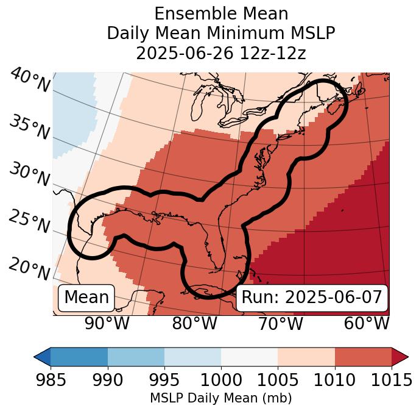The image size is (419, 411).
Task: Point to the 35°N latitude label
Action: pyautogui.click(x=29, y=127)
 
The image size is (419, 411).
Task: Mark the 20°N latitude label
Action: pyautogui.click(x=29, y=268)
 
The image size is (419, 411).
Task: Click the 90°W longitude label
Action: pyautogui.click(x=107, y=323)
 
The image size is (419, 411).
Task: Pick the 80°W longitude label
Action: pyautogui.click(x=194, y=323)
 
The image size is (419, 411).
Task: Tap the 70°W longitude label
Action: pyautogui.click(x=280, y=323)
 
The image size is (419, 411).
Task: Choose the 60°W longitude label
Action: pyautogui.click(x=367, y=323)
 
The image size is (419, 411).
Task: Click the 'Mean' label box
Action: pyautogui.click(x=86, y=298)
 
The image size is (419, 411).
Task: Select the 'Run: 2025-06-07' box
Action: pyautogui.click(x=312, y=298)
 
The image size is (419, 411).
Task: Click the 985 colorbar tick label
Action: pyautogui.click(x=51, y=380)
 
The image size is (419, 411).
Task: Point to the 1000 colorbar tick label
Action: pyautogui.click(x=221, y=380)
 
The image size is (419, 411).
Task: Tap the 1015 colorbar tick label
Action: pyautogui.click(x=391, y=380)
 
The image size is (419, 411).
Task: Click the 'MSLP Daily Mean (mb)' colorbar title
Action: pyautogui.click(x=220, y=398)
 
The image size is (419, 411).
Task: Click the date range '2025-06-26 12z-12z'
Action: pyautogui.click(x=221, y=53)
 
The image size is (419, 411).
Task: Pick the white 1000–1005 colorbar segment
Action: pyautogui.click(x=249, y=356)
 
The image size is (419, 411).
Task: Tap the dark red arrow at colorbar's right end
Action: pyautogui.click(x=400, y=356)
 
